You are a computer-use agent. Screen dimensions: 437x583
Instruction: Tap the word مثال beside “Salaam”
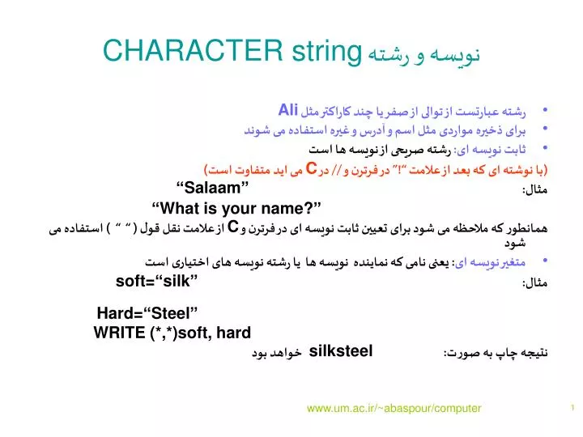coord(535,189)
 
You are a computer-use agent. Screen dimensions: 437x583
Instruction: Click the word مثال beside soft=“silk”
coord(535,283)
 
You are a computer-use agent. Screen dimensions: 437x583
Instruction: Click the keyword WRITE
coord(119,333)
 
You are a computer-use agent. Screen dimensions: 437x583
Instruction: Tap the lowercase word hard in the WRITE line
coord(235,333)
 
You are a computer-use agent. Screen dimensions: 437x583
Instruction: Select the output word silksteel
coord(341,350)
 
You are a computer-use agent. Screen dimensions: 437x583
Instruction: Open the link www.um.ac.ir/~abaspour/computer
coord(394,409)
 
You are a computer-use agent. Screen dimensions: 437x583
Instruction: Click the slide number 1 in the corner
coord(572,408)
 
